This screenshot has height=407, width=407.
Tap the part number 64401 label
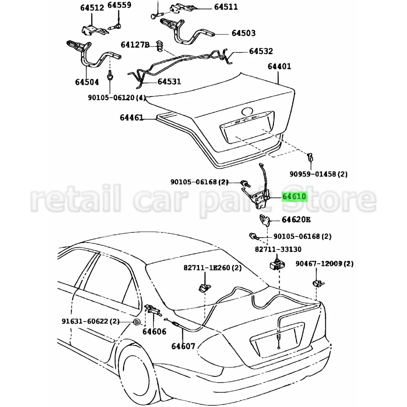[279, 66]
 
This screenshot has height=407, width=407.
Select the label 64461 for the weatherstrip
[131, 118]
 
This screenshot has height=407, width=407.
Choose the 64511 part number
[224, 7]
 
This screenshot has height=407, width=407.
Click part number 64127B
[135, 44]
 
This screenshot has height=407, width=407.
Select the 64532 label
[261, 52]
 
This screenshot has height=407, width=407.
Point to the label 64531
[169, 82]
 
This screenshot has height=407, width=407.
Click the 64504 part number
[87, 82]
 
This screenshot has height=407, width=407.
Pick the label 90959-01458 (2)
[319, 174]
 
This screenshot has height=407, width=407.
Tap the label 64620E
[296, 220]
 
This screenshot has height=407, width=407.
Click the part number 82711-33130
[279, 249]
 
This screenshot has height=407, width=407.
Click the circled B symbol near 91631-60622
[137, 322]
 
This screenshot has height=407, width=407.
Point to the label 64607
[183, 346]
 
